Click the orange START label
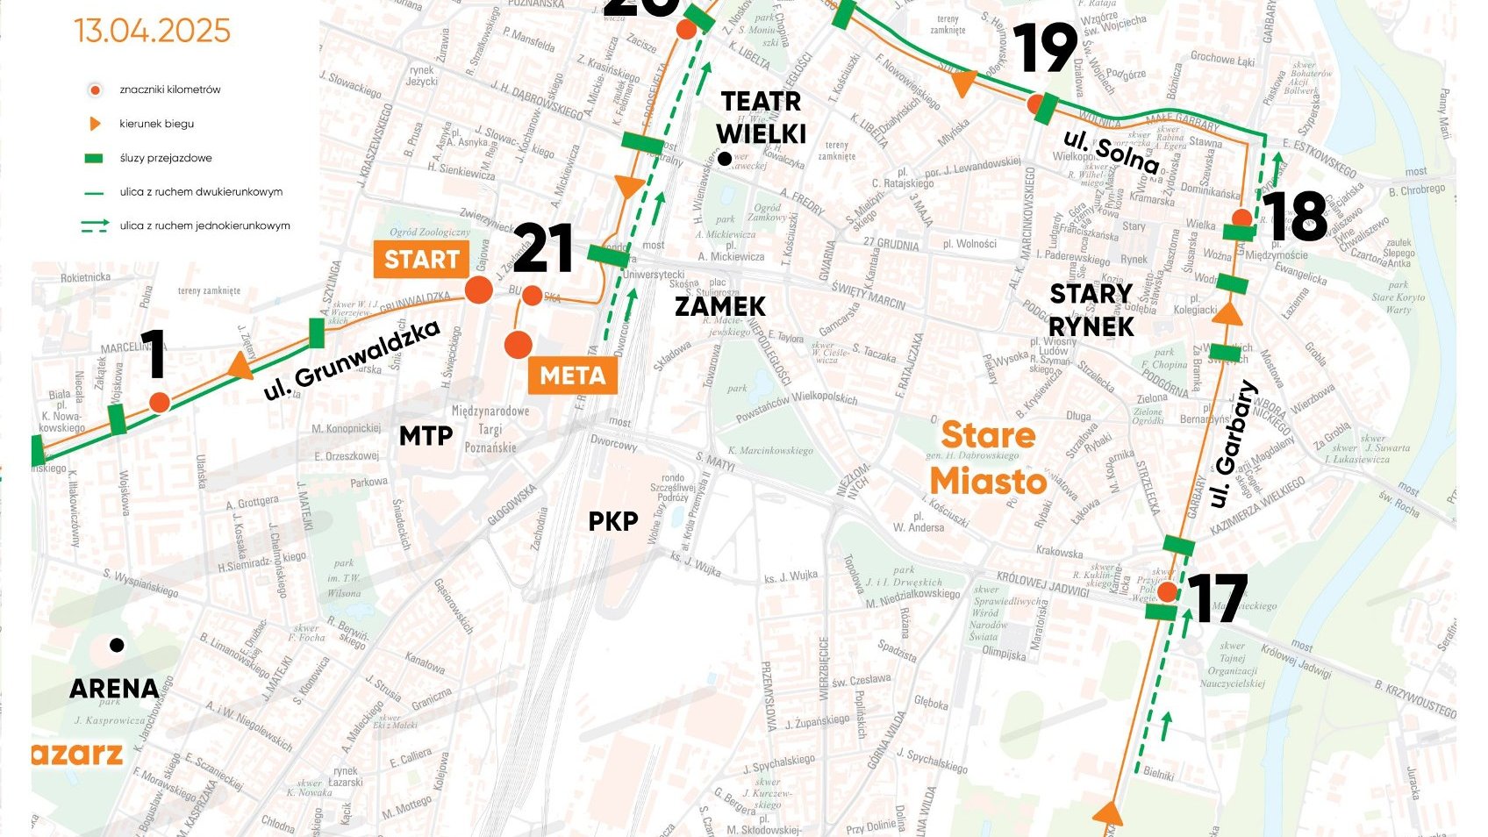coord(421,260)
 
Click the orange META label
coord(572,376)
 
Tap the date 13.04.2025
coord(152,31)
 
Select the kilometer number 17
coord(1217,599)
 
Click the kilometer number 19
coord(1044,48)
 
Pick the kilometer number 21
coord(543,248)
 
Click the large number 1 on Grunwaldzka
coord(154,354)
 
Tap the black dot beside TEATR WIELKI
coord(725,159)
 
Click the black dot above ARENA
coord(117,645)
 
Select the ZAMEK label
coord(719,306)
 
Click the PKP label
coord(612,521)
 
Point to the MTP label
coord(426,435)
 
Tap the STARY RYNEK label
coord(1091,310)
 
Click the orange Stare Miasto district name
coord(989,458)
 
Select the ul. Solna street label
coord(1111,152)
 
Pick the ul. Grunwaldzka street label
coord(351,361)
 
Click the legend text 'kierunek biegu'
coord(156,124)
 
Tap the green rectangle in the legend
coord(94,158)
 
